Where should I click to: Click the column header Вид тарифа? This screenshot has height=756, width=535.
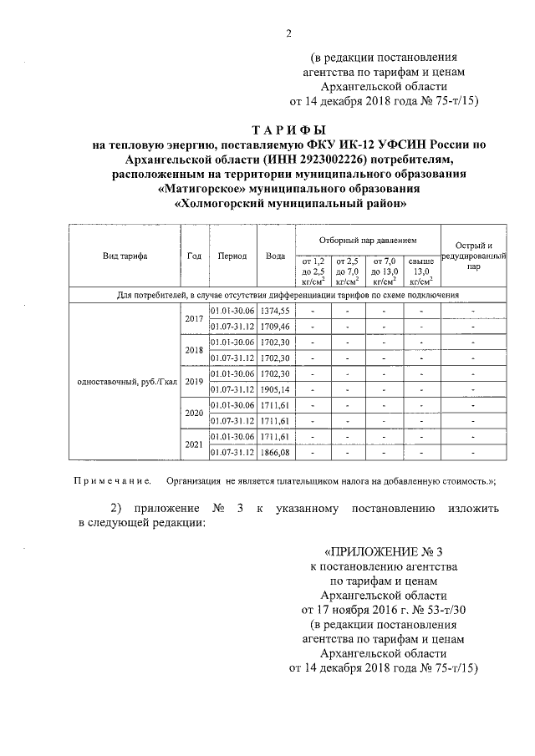click(x=125, y=256)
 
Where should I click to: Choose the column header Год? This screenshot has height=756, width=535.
click(x=194, y=256)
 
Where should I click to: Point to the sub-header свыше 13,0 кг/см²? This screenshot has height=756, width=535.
click(x=421, y=271)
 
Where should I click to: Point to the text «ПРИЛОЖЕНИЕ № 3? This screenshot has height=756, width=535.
click(x=381, y=552)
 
